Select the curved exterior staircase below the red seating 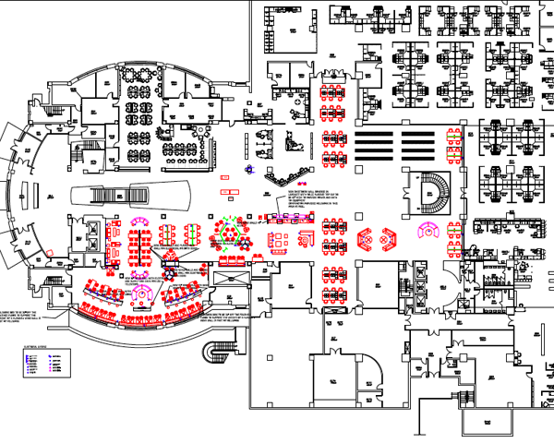220,352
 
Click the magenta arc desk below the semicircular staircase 430,230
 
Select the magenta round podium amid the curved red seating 144,293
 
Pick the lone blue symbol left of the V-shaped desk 249,170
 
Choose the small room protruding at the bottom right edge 489,421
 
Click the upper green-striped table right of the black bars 452,135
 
